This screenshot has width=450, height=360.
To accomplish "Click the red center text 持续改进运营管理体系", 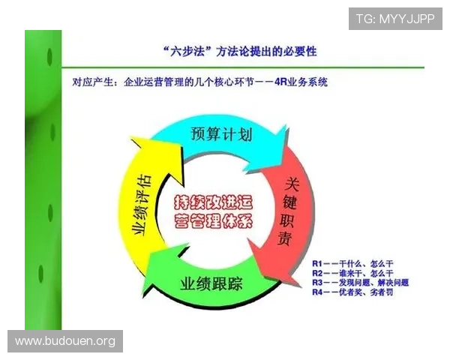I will coord(213,212).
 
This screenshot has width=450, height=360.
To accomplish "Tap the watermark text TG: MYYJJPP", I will coord(395,19).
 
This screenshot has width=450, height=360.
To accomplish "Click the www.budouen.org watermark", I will coord(65,341).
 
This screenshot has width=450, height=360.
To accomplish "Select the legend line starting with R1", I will coord(352,265).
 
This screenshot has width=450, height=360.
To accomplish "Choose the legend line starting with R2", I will coord(352,274).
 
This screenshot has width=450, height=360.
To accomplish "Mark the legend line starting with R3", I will coord(360,283).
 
